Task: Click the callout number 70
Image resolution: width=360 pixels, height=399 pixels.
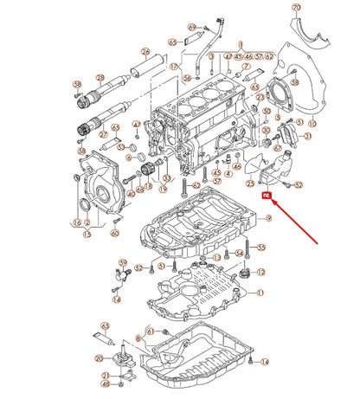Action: [x=297, y=9]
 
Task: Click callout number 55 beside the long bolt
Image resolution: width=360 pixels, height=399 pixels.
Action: [x=261, y=247]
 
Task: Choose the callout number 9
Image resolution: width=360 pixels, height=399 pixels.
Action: [x=269, y=221]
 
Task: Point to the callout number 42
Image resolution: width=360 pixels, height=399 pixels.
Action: [x=196, y=185]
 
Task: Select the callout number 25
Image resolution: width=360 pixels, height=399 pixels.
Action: [x=249, y=183]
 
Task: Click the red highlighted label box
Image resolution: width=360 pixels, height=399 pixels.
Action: [x=267, y=197]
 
